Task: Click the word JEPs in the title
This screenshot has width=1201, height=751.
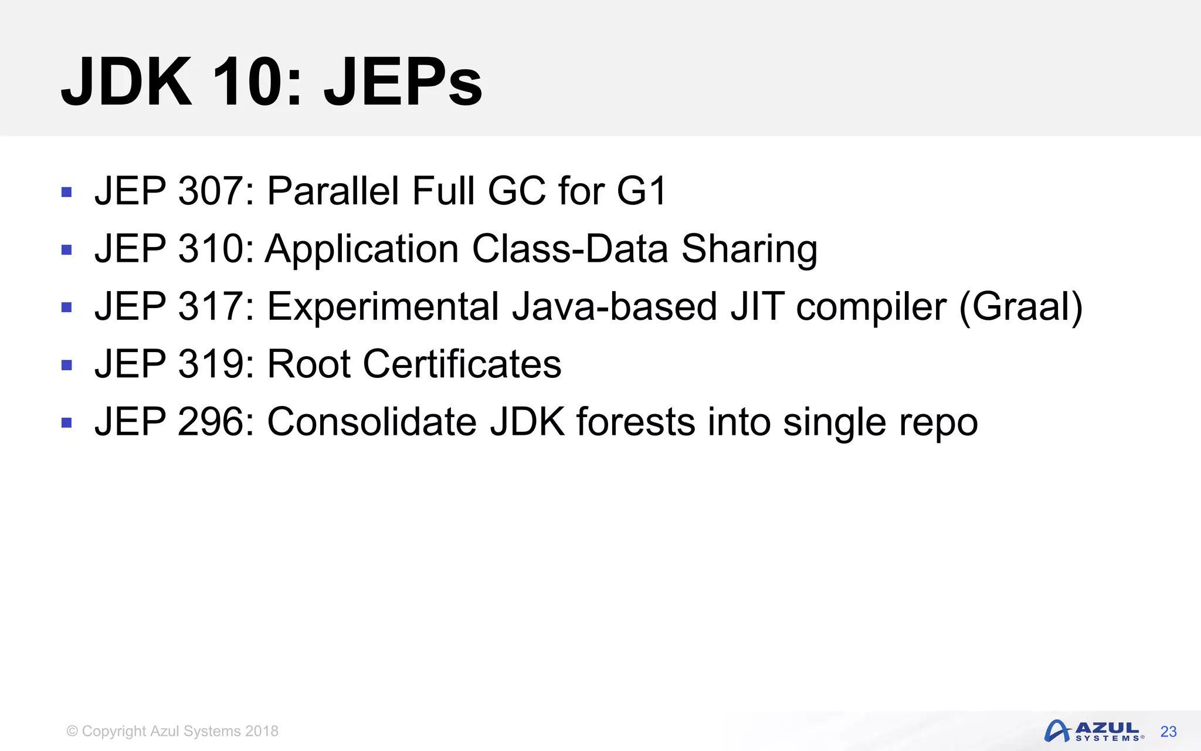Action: pos(403,82)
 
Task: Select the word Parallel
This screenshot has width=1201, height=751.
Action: pos(333,191)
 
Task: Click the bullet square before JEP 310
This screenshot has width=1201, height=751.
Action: pos(66,250)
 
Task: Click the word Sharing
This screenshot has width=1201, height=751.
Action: pos(749,250)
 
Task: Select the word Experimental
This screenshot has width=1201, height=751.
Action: pos(383,307)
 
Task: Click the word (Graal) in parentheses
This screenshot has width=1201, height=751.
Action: pos(1020,306)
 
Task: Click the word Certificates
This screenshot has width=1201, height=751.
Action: pos(462,364)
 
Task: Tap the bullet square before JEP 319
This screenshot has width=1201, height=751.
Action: pos(66,365)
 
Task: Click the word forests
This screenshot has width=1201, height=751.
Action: pos(636,422)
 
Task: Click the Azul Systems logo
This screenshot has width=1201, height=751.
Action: pos(1093,731)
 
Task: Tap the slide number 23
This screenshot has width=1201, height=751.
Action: pos(1168,732)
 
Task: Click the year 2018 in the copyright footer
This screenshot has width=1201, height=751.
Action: pos(262,731)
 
